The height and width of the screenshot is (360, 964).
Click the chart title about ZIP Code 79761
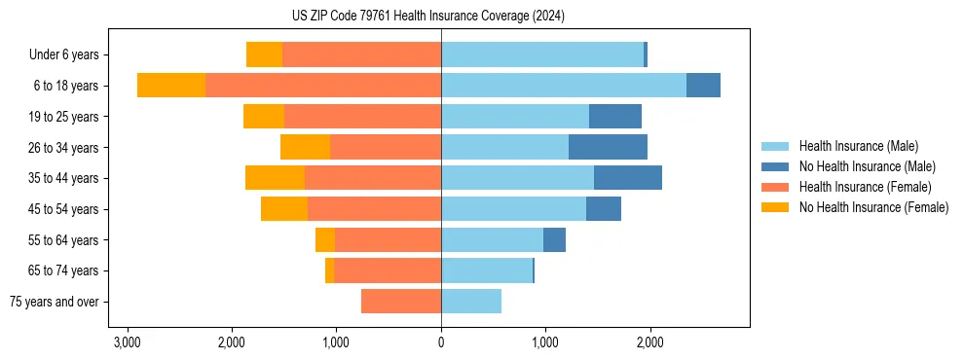[441, 17]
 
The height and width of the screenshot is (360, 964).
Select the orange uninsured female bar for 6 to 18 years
[171, 86]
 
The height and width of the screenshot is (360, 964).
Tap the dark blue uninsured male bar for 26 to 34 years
[608, 147]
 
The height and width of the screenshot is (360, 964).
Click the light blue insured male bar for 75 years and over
[471, 302]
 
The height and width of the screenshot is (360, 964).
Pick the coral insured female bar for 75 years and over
[401, 302]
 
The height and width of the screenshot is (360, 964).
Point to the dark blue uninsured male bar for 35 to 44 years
[628, 178]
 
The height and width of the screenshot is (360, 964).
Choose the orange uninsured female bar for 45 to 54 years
[284, 209]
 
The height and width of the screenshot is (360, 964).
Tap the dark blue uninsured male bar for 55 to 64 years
[554, 239]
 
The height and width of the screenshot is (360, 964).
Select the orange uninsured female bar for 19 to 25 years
[264, 117]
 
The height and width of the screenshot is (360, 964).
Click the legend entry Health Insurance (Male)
[857, 146]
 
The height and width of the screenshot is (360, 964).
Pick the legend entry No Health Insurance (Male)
[867, 166]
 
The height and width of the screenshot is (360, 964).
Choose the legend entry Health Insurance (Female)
[865, 187]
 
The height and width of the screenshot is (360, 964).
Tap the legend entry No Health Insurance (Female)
[873, 207]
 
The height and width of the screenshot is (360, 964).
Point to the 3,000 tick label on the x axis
[127, 342]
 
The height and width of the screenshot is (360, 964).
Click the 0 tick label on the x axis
[441, 342]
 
